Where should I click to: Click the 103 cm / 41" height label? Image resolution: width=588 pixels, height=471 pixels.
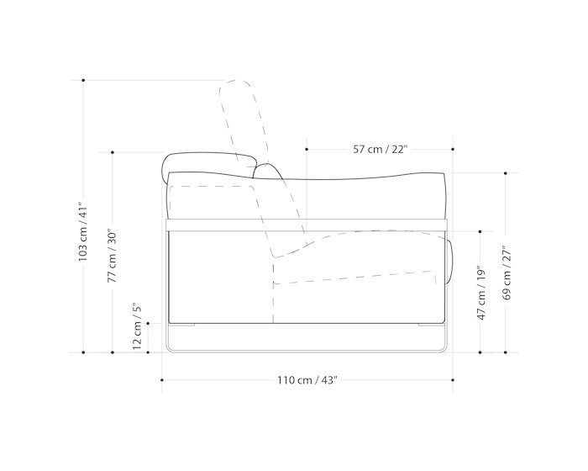pyautogui.click(x=83, y=234)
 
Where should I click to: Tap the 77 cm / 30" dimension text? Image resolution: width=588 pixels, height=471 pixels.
pyautogui.click(x=113, y=256)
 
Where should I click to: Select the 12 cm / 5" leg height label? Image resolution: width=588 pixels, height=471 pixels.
pyautogui.click(x=137, y=325)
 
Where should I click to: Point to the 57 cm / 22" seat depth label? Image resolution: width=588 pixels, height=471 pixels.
pyautogui.click(x=380, y=150)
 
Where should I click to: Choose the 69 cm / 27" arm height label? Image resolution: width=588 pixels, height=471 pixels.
pyautogui.click(x=507, y=273)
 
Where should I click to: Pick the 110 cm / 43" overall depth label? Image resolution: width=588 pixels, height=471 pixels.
pyautogui.click(x=307, y=380)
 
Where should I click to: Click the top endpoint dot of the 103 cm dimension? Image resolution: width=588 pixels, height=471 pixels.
pyautogui.click(x=83, y=81)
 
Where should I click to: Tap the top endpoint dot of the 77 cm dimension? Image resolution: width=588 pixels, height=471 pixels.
pyautogui.click(x=113, y=152)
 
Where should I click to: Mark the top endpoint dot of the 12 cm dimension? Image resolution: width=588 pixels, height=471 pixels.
pyautogui.click(x=148, y=323)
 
